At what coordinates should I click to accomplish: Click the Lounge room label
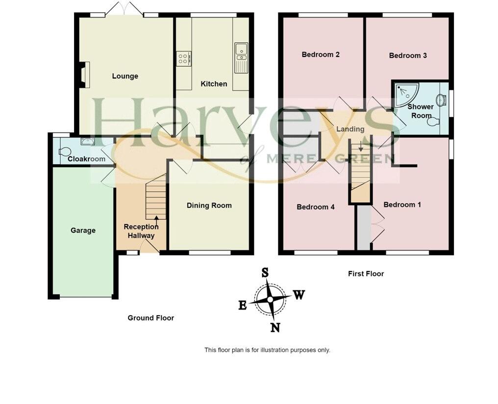tap(125, 76)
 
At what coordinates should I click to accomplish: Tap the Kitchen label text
tap(214, 84)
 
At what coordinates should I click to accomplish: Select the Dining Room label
tap(209, 205)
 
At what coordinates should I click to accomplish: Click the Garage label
tap(83, 230)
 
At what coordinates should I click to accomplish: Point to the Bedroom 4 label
tap(316, 207)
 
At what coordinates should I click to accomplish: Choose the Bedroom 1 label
tap(402, 204)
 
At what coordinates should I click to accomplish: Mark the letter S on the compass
tap(265, 273)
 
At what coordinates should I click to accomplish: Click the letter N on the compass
tap(275, 328)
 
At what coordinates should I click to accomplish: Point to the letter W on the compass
tap(299, 295)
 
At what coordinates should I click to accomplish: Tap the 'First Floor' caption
tap(366, 274)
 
